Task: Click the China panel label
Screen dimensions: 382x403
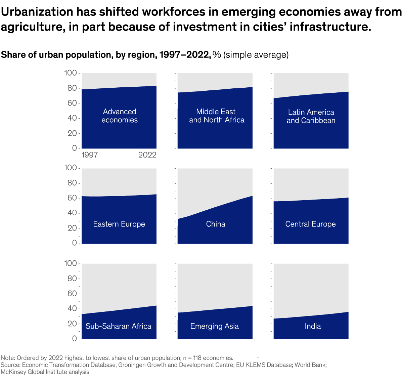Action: pos(216,224)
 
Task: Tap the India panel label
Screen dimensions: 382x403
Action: pos(313,326)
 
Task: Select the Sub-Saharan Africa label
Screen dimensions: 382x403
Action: pos(118,326)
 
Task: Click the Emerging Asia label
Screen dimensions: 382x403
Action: pos(214,326)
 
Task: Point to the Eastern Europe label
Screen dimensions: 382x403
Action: pos(119,224)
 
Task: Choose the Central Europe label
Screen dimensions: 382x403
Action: pos(310,224)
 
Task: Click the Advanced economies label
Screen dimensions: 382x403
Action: pos(120,116)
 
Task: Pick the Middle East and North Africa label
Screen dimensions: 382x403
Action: pos(217,116)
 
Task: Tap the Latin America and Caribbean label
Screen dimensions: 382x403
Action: pos(311,116)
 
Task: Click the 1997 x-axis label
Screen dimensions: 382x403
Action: pos(90,155)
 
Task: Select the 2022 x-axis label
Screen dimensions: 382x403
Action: pos(147,155)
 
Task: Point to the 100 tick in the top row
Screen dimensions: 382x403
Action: pos(71,73)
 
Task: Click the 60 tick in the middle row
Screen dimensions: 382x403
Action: pos(72,198)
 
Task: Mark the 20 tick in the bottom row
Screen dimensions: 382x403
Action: pos(72,324)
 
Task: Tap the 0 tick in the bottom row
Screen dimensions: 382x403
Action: pos(74,339)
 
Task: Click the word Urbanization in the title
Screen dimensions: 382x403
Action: pos(37,12)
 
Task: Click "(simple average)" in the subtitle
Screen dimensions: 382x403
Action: pos(256,55)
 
